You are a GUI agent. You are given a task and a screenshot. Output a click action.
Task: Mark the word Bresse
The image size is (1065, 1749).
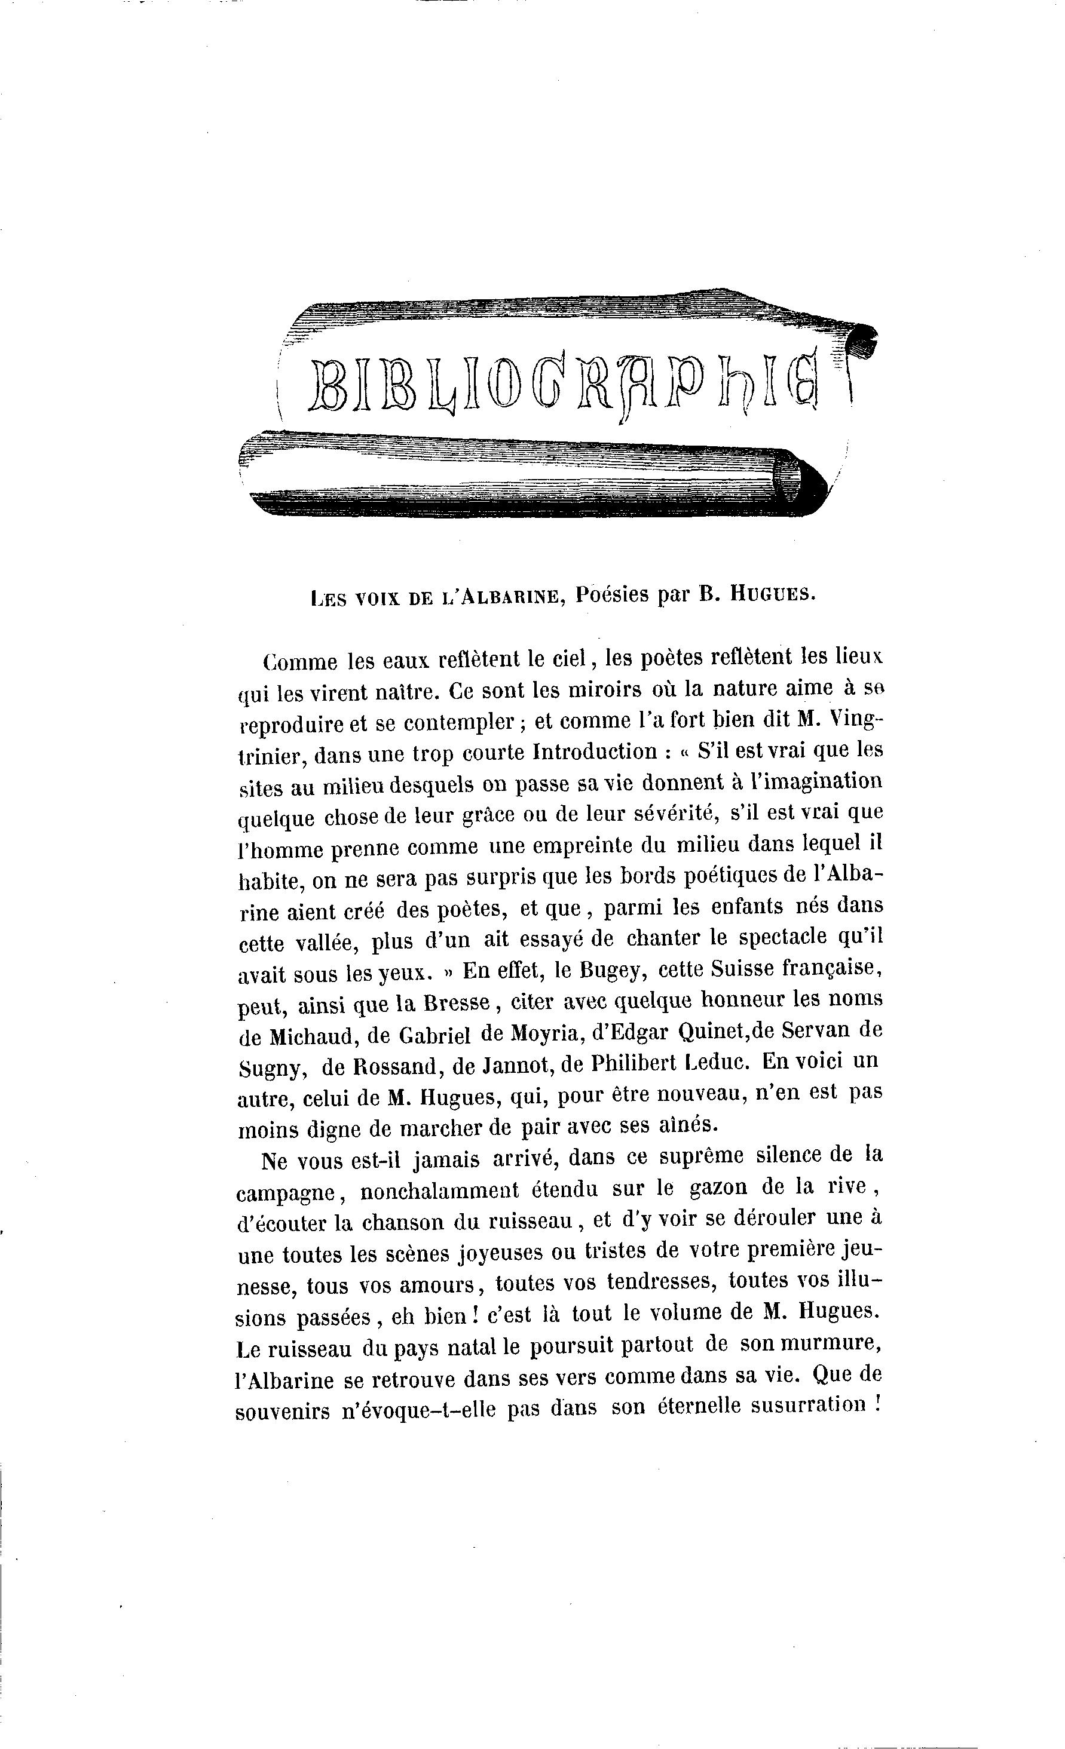(x=457, y=1002)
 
